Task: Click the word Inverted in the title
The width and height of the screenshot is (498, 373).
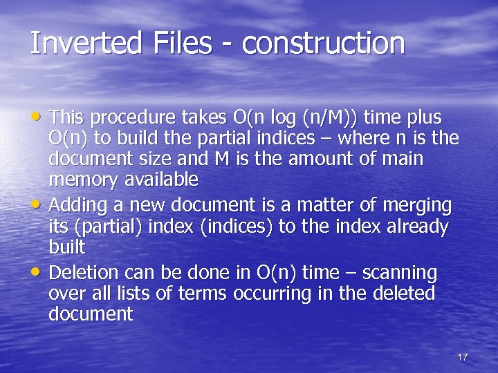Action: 84,43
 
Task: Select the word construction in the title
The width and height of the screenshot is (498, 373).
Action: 324,43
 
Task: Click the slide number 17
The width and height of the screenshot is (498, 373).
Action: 463,357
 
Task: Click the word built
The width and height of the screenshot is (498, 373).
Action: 66,247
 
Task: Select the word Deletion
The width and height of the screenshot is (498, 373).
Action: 86,273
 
